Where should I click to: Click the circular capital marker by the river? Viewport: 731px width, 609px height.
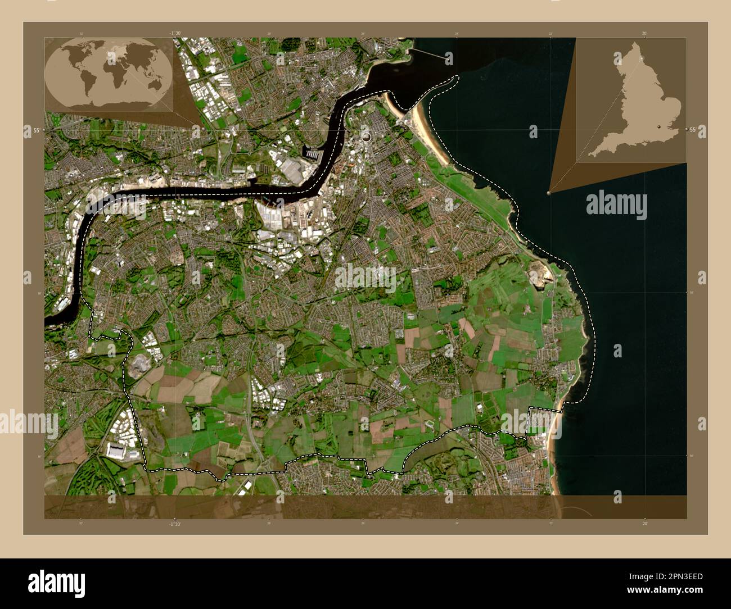(367, 136)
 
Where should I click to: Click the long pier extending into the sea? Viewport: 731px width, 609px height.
(430, 53)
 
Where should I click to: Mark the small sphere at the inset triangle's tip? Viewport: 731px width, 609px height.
(549, 192)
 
